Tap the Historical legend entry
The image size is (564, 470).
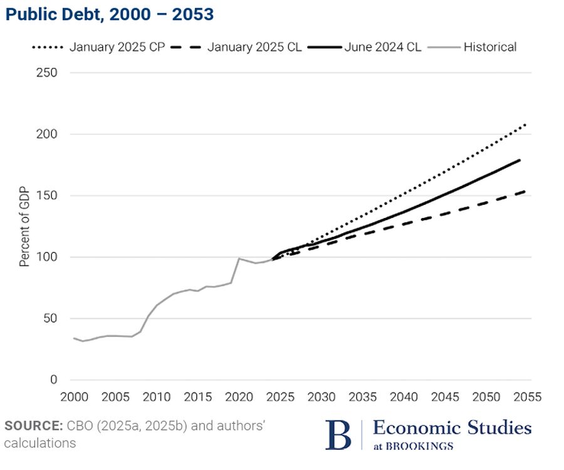tap(489, 47)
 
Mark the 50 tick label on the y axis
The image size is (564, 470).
tap(51, 318)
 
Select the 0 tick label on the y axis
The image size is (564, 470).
tap(54, 380)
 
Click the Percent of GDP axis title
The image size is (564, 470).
tap(24, 226)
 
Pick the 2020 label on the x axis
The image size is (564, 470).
tap(238, 397)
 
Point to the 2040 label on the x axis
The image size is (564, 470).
tap(402, 397)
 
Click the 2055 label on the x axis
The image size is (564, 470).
tap(524, 397)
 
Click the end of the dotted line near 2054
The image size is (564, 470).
tap(525, 125)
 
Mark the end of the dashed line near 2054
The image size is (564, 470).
tap(524, 191)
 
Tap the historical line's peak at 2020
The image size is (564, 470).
tap(239, 258)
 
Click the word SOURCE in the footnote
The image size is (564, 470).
tap(32, 426)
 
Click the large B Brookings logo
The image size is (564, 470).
tap(338, 434)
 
